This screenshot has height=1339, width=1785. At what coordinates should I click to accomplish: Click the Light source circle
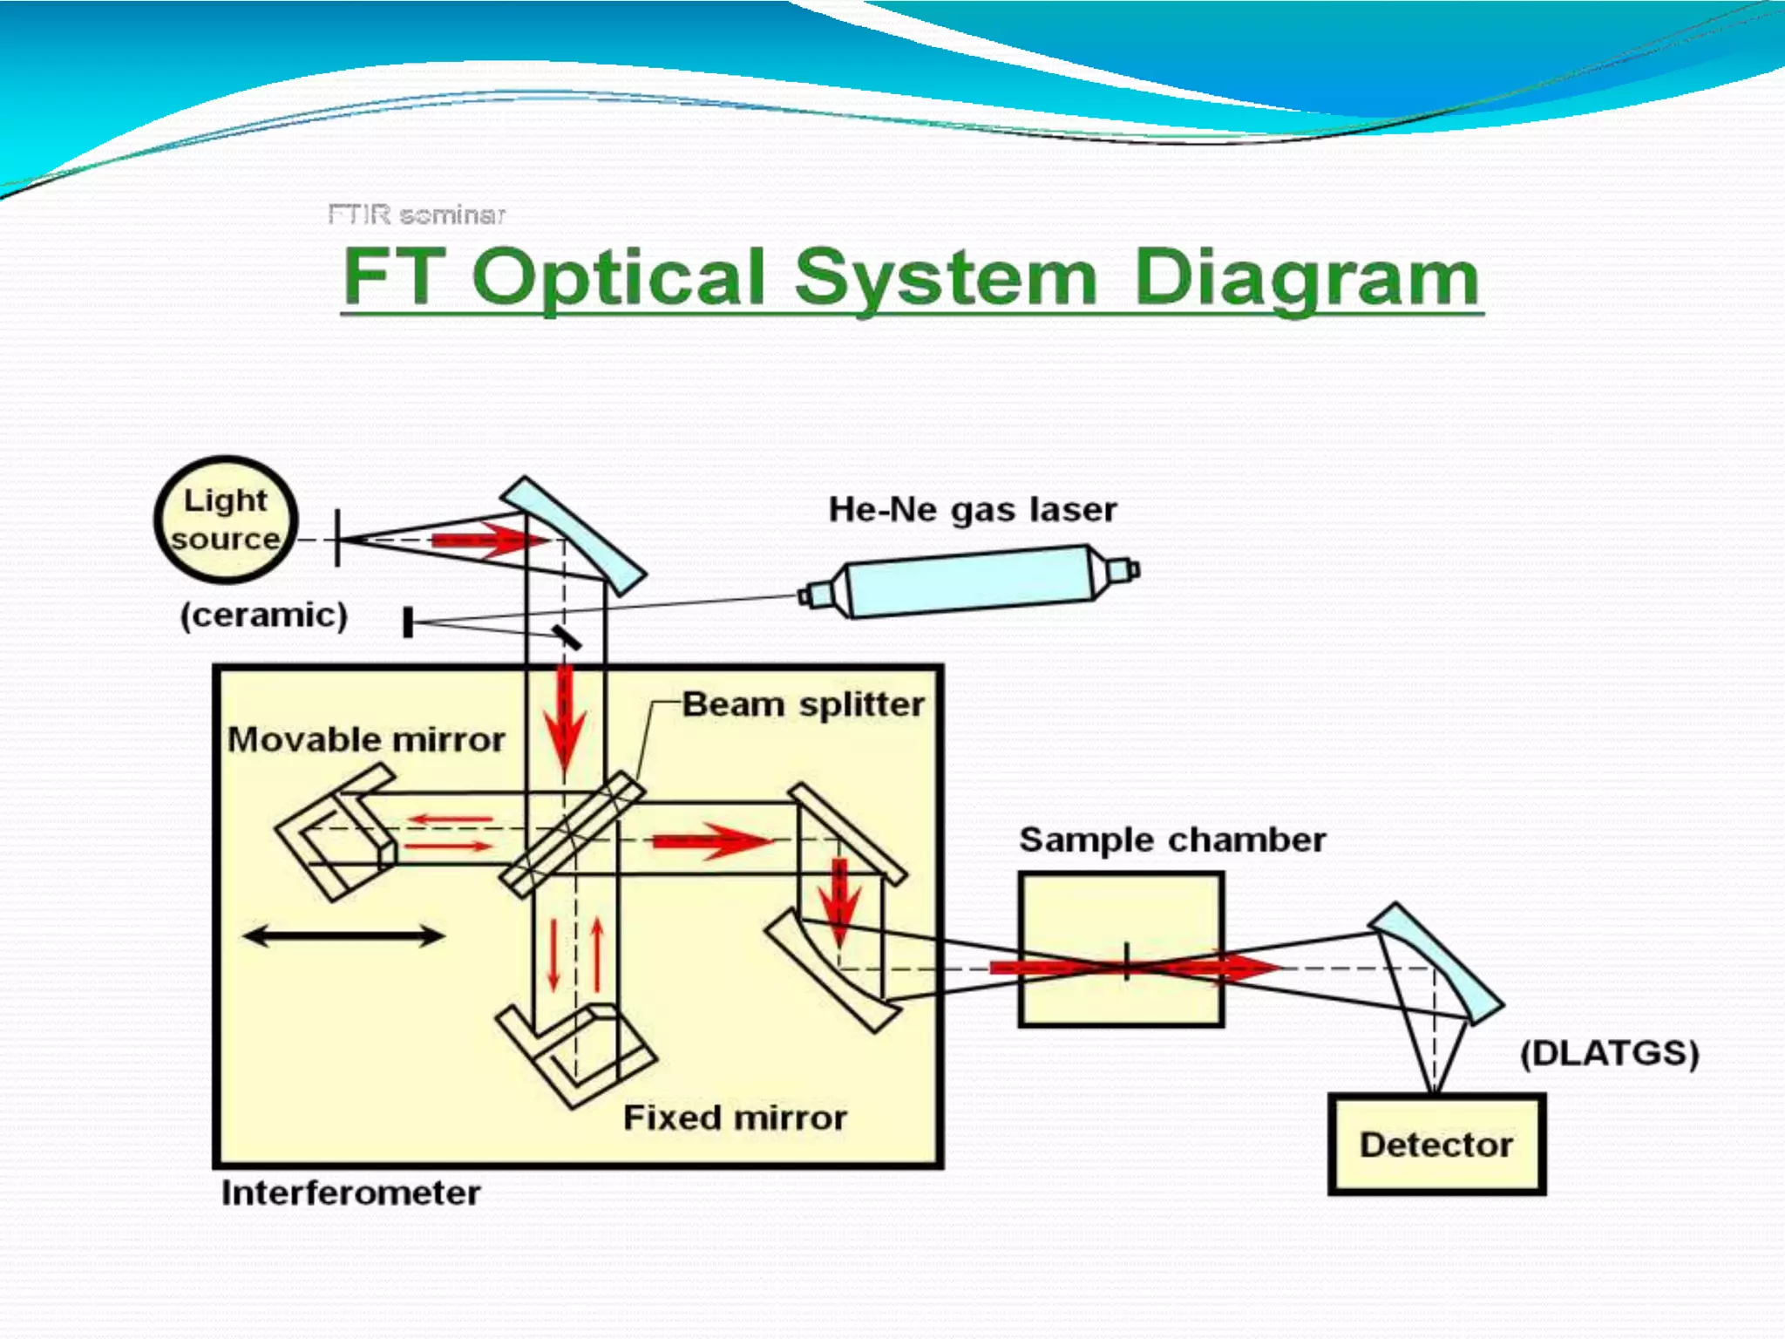pyautogui.click(x=226, y=520)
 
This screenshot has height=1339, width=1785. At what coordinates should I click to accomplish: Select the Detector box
pyautogui.click(x=1436, y=1144)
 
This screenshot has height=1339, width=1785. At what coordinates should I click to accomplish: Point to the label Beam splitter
pyautogui.click(x=803, y=704)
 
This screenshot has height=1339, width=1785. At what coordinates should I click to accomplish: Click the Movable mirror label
pyautogui.click(x=366, y=739)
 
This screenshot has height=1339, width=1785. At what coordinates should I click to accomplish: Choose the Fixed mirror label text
pyautogui.click(x=735, y=1118)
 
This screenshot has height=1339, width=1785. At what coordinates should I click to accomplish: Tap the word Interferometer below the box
pyautogui.click(x=350, y=1193)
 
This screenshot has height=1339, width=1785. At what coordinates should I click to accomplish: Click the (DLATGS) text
pyautogui.click(x=1609, y=1053)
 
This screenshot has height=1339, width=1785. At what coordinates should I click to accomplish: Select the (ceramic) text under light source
pyautogui.click(x=264, y=615)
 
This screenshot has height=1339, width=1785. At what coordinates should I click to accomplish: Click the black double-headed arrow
pyautogui.click(x=343, y=936)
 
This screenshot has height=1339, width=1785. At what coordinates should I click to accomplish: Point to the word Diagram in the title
pyautogui.click(x=1307, y=277)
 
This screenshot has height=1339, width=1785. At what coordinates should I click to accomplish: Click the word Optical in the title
pyautogui.click(x=619, y=277)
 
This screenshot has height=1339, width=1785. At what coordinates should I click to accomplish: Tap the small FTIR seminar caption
pyautogui.click(x=416, y=214)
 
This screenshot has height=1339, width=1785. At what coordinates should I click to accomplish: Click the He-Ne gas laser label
pyautogui.click(x=972, y=509)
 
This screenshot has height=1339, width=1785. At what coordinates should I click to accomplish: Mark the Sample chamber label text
pyautogui.click(x=1172, y=839)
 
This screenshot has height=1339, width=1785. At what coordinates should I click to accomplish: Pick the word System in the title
pyautogui.click(x=946, y=277)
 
